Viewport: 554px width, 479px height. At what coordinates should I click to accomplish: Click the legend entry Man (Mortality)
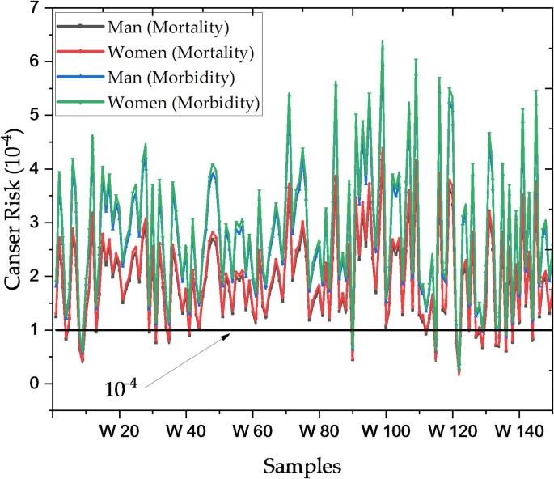[x=168, y=28]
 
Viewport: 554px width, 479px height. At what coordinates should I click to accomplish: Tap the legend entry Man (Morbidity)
[x=171, y=78]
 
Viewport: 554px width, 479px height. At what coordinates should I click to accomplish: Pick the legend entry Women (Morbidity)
[x=183, y=103]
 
